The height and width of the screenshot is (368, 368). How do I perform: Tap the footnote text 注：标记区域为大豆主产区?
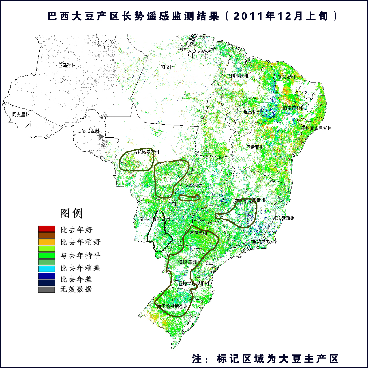[265, 359]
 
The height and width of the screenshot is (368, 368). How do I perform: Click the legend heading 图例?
[71, 213]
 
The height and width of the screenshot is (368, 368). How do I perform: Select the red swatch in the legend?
[46, 229]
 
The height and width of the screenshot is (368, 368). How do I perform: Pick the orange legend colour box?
[46, 242]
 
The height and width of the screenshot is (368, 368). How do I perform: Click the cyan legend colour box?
[46, 269]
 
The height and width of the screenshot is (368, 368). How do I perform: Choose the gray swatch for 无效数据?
[46, 290]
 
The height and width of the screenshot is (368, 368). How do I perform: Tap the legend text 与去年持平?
[80, 255]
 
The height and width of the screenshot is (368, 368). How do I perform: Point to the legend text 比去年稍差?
[80, 268]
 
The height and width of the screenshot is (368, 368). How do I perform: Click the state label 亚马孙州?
[67, 65]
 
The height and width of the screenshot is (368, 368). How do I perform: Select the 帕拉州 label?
[167, 67]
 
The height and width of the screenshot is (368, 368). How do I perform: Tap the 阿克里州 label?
[21, 114]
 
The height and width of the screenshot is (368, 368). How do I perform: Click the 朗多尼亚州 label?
[88, 131]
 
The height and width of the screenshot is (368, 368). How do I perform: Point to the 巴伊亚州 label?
[255, 147]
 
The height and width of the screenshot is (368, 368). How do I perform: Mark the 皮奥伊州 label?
[252, 112]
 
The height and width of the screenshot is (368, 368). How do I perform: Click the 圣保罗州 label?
[198, 233]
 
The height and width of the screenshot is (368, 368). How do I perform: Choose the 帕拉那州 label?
[187, 262]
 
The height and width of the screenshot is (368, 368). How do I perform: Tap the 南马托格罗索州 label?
[155, 219]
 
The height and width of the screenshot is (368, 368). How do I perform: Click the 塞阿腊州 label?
[286, 77]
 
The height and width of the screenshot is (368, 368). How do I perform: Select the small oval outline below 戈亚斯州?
[189, 198]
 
